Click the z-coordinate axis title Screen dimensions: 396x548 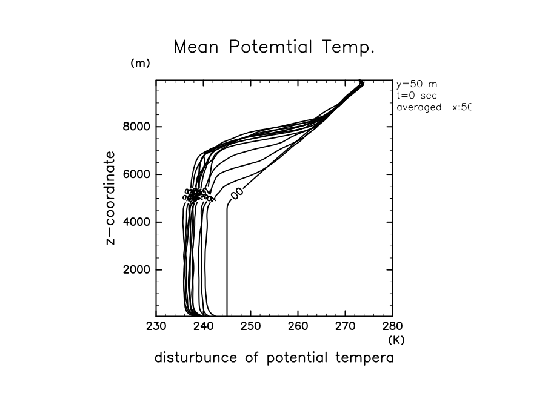tap(110, 197)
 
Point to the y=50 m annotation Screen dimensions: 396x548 tap(416, 84)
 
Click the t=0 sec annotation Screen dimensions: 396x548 tap(416, 96)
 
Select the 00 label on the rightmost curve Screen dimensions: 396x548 tap(236, 193)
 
